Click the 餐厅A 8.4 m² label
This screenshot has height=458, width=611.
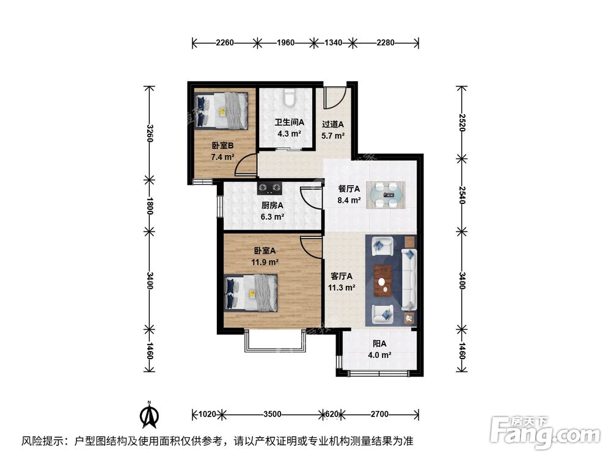tap(349, 194)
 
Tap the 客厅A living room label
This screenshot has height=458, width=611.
tap(342, 282)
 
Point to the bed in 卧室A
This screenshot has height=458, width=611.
tap(251, 292)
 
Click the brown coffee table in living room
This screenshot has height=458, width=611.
tap(382, 280)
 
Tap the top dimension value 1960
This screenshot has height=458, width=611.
tap(285, 43)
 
